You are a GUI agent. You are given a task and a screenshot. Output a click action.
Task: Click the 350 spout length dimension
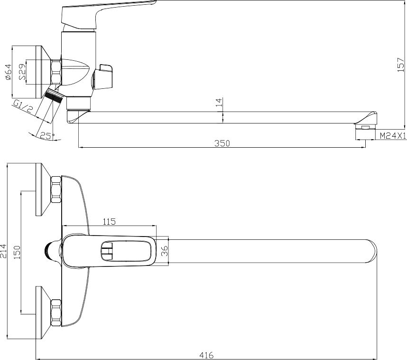(222, 143)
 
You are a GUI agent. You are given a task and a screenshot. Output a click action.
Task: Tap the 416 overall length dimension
(207, 355)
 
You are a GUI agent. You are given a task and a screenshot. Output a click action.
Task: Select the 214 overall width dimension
(4, 251)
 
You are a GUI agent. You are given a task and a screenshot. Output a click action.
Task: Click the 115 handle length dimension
(109, 221)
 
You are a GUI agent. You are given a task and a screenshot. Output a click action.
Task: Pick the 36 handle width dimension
(165, 251)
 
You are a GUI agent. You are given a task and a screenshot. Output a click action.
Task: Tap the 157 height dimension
(401, 65)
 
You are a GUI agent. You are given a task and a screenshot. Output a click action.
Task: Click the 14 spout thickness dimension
(219, 102)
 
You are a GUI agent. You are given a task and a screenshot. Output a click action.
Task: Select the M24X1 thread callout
(393, 135)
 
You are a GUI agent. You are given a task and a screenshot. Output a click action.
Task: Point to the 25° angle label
(47, 136)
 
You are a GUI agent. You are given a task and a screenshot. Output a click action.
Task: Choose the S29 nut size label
(23, 72)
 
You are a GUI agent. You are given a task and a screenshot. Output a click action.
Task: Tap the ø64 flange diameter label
(9, 72)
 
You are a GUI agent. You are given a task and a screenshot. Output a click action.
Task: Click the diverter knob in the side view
(103, 76)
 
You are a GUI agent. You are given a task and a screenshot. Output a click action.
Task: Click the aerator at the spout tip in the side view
(365, 127)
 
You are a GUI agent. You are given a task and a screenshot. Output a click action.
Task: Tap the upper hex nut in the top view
(56, 189)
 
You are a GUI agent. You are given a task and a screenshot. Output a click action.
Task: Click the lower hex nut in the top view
(56, 313)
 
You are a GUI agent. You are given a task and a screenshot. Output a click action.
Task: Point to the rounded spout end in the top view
(371, 251)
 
